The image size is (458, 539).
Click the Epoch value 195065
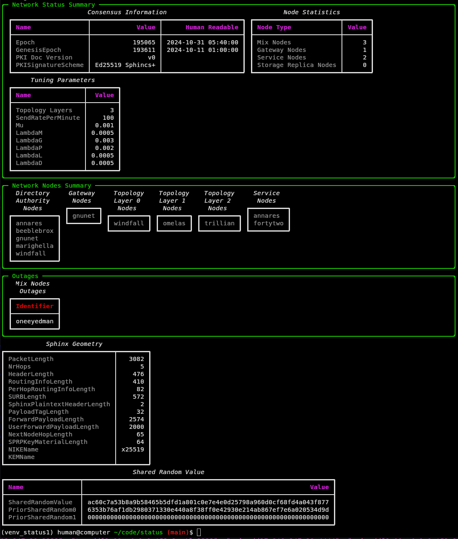[x=144, y=42]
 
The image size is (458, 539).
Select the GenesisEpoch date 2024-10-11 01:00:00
[x=202, y=50]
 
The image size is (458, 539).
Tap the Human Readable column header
[x=212, y=27]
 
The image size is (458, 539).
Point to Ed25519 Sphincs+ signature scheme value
[x=125, y=65]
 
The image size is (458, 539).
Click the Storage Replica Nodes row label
[x=296, y=65]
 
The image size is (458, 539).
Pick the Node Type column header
[x=274, y=27]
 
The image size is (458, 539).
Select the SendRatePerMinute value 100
[x=108, y=118]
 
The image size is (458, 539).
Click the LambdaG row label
[x=29, y=140]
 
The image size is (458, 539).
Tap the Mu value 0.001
[x=104, y=125]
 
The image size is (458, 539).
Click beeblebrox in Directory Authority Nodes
[x=35, y=231]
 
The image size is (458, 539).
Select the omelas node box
[x=174, y=223]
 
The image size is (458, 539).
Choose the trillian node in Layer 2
[x=219, y=223]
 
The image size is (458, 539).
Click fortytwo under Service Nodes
[x=268, y=223]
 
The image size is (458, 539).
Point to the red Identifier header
[x=35, y=306]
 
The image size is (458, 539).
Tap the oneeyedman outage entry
[x=35, y=321]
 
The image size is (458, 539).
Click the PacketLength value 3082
[x=136, y=359]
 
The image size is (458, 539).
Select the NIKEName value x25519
[x=132, y=449]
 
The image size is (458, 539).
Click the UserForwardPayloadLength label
[x=53, y=427]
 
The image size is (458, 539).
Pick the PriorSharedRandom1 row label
[x=42, y=517]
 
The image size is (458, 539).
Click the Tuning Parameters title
[x=62, y=80]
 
